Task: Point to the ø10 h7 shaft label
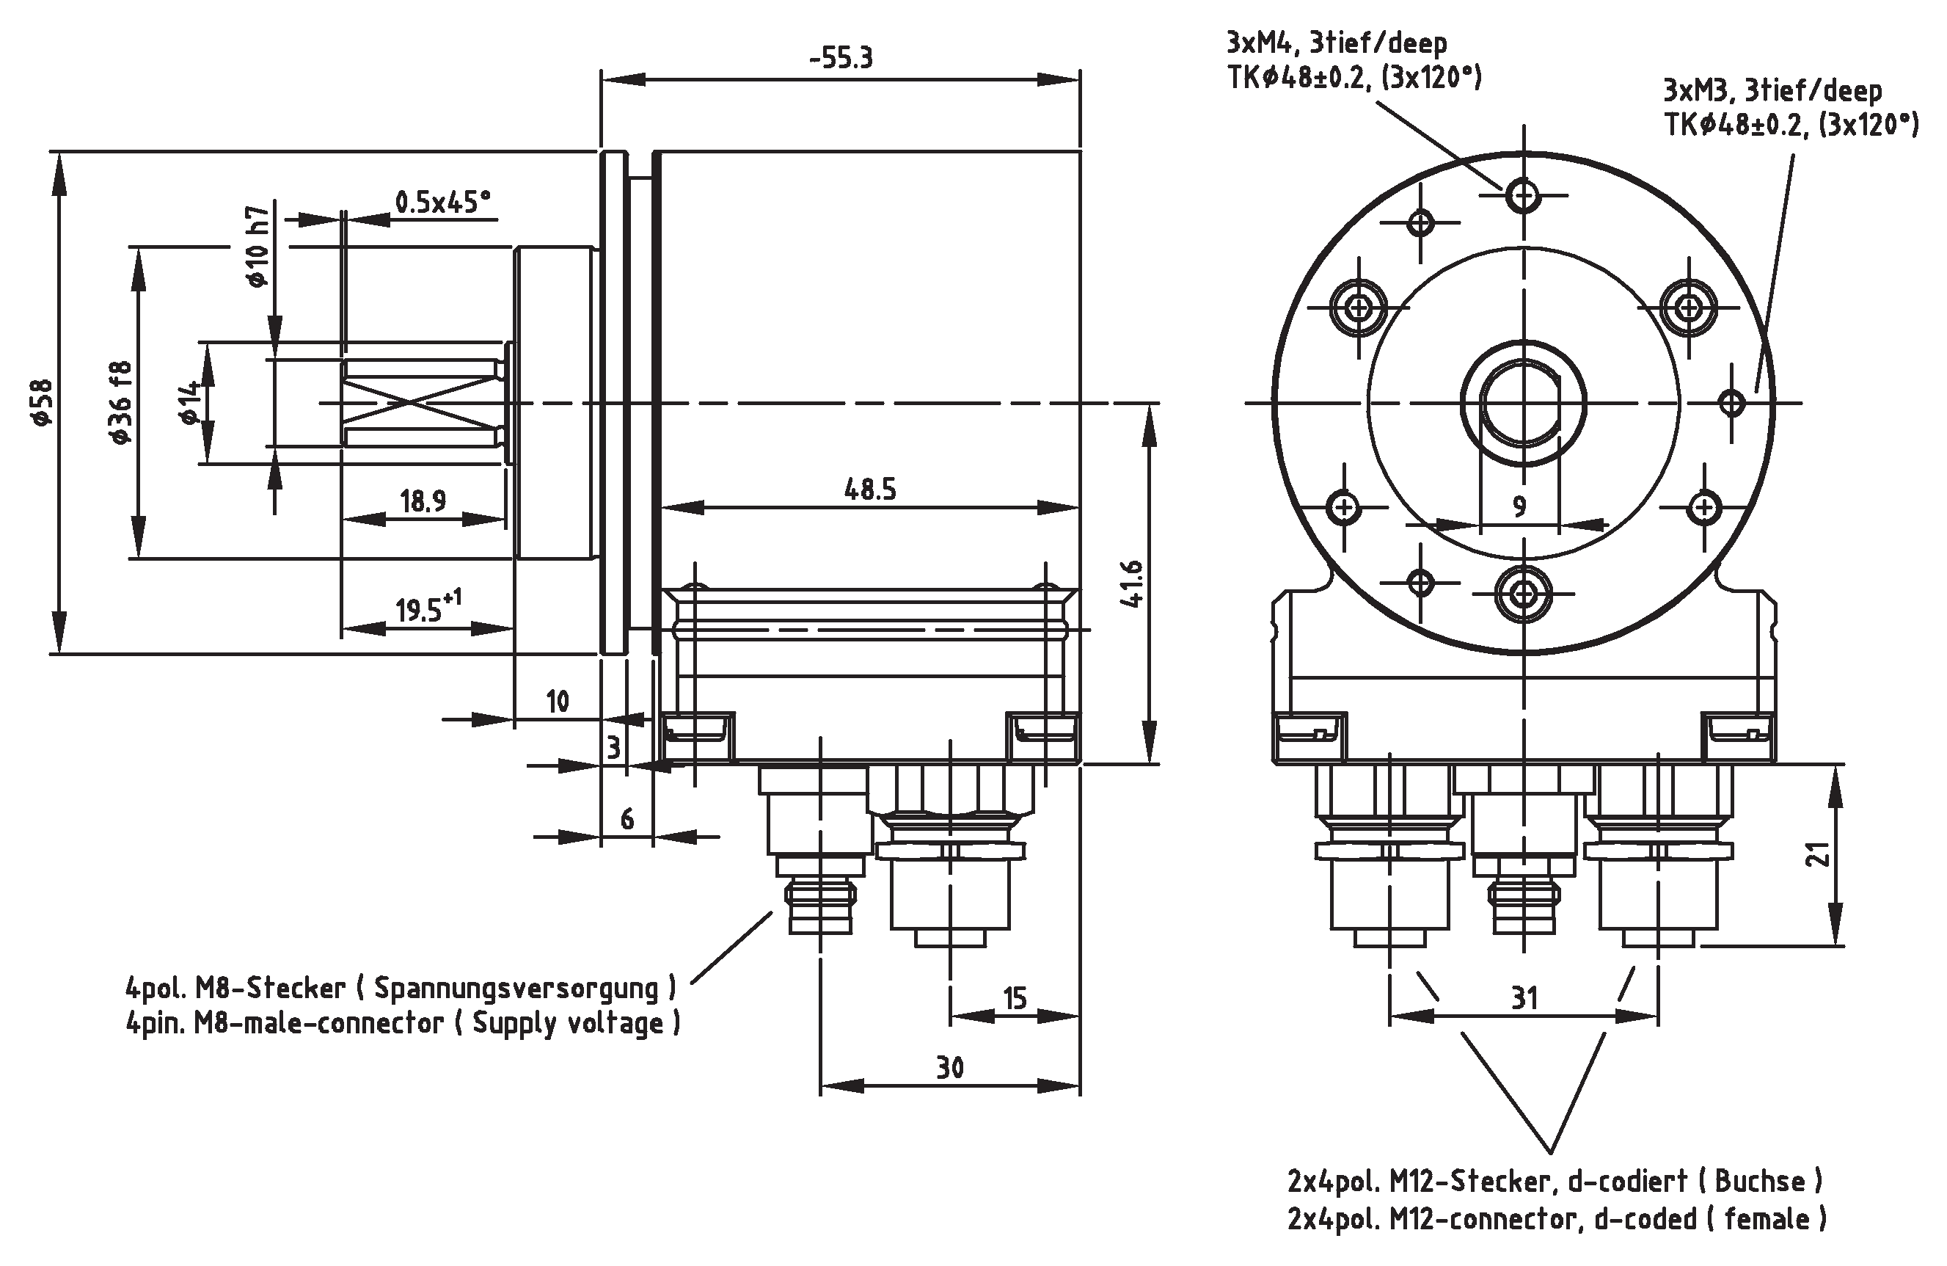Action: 257,246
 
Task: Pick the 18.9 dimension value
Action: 423,501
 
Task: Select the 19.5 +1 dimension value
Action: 428,609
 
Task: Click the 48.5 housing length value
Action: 870,490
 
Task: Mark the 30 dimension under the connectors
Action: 950,1068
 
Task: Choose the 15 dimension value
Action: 1015,998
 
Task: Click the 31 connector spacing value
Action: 1524,998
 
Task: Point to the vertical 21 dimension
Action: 1818,854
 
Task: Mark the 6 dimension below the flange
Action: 627,818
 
